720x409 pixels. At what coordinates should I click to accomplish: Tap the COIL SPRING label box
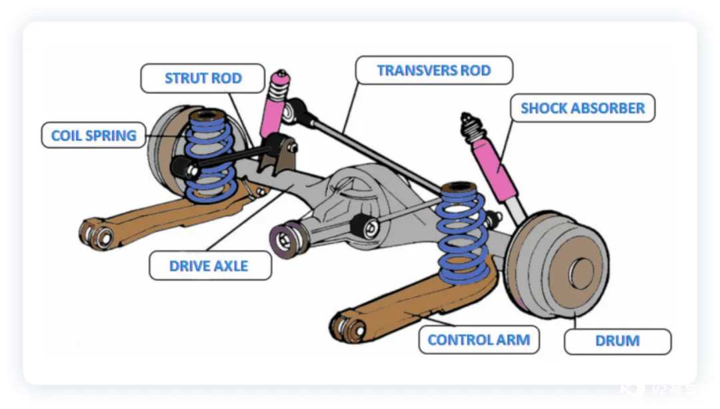coord(93,135)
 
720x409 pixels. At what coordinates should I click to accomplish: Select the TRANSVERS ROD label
coord(433,70)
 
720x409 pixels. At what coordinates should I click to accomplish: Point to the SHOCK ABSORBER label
coord(583,108)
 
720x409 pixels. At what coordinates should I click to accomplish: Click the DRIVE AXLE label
coord(209,266)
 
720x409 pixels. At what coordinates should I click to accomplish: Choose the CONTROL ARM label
coord(479,340)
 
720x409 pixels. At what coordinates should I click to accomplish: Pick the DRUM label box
coord(617,341)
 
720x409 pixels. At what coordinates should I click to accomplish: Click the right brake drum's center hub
coord(581,272)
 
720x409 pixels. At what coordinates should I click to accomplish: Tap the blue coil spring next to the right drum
coord(461,234)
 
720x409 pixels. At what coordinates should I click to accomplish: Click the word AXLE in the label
coord(231,266)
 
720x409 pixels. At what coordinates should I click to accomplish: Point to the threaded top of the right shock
coord(470,124)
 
